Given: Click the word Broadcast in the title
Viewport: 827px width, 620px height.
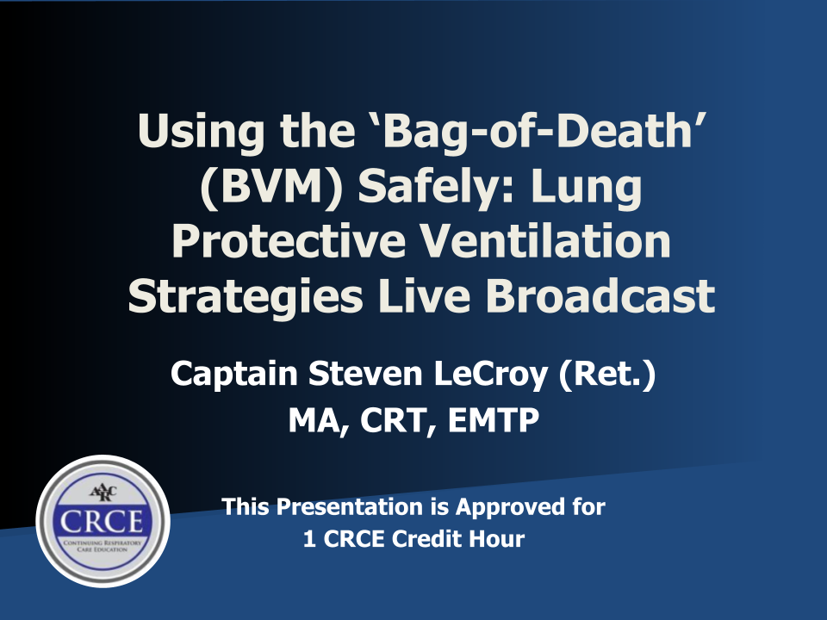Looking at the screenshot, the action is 600,294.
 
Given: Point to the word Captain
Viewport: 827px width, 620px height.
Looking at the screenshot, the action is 234,375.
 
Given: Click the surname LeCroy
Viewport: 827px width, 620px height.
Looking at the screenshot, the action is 490,375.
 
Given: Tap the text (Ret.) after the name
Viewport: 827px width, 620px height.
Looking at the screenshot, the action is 607,374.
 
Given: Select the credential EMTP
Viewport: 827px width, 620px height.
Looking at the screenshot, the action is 493,420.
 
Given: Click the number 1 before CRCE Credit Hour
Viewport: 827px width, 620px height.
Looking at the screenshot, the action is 309,539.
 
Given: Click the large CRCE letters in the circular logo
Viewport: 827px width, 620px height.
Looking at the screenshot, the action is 102,522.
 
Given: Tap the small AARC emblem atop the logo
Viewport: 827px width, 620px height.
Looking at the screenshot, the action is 103,493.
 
